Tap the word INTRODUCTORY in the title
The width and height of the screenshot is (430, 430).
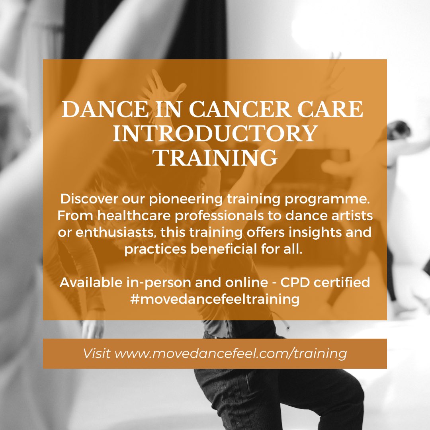(x=215, y=134)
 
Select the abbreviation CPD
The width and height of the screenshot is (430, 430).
(x=297, y=283)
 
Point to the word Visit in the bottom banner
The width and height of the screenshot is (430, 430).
(x=97, y=354)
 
